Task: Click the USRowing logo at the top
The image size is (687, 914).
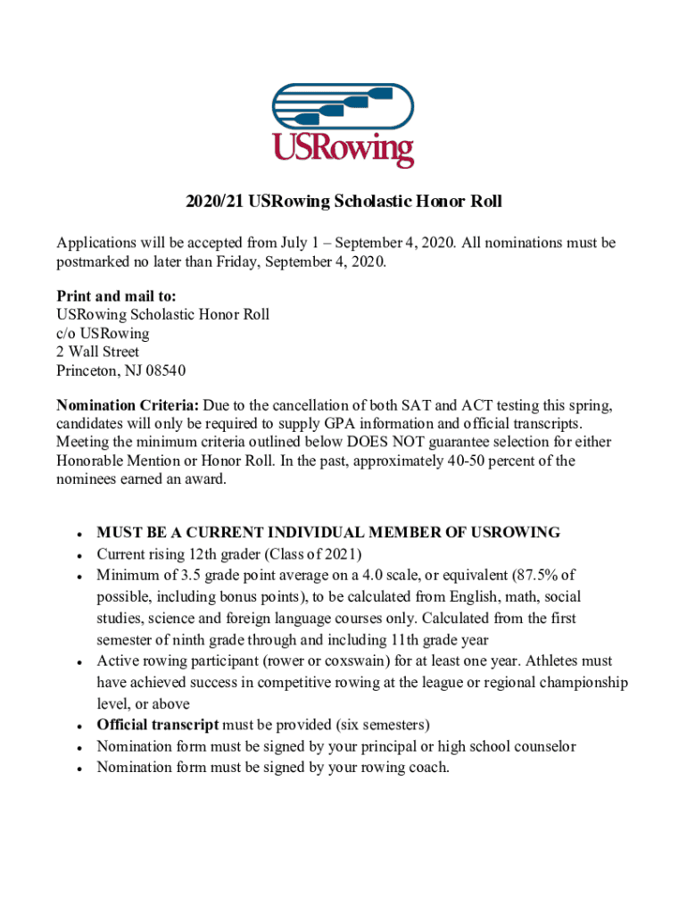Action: [x=343, y=126]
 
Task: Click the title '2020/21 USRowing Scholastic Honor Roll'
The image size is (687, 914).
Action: [x=343, y=202]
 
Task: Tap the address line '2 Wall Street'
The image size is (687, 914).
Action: [x=97, y=352]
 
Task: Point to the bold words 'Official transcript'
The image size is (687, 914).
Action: [x=157, y=725]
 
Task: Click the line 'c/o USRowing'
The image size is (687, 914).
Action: [x=103, y=333]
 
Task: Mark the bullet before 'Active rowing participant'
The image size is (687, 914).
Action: [x=81, y=662]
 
